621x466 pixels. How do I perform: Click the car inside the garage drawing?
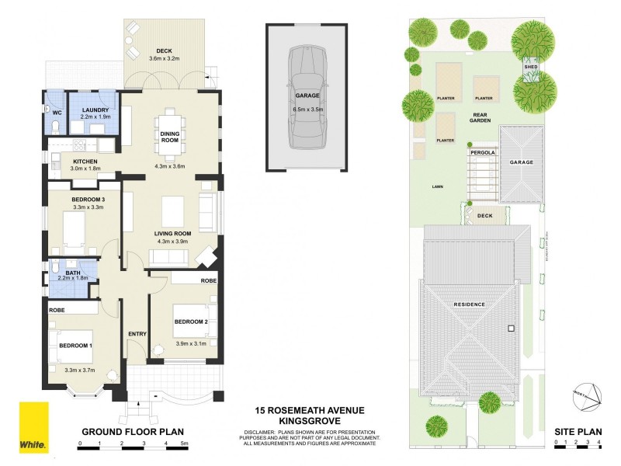(306, 97)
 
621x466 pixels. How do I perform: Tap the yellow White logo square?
(34, 426)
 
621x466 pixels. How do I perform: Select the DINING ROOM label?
(170, 136)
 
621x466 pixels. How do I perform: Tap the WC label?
(56, 112)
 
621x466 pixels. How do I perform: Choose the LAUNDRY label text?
(95, 110)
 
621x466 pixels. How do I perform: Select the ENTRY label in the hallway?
(137, 334)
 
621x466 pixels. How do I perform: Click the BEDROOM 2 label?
(190, 322)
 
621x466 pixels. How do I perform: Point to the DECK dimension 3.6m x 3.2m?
(164, 58)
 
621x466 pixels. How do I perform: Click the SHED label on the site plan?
(531, 68)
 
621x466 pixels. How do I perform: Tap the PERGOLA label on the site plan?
(482, 153)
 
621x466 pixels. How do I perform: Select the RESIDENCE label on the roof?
(470, 304)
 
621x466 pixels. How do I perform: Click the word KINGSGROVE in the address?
(310, 420)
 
